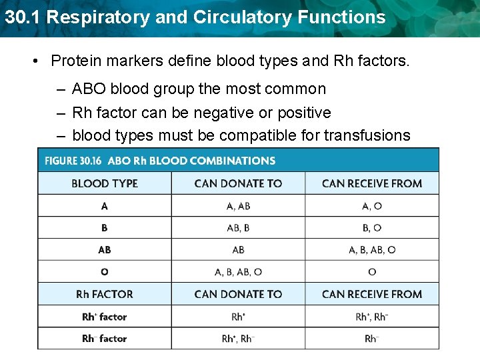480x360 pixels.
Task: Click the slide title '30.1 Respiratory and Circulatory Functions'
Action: [195, 17]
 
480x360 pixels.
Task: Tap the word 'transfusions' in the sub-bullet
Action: [367, 135]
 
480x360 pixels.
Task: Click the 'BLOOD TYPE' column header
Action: [105, 183]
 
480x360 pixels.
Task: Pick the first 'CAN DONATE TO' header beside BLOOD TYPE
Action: [238, 183]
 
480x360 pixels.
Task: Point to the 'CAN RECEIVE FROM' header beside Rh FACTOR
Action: [372, 294]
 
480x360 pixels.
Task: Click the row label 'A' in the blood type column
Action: [105, 206]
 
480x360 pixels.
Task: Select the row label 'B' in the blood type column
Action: [105, 228]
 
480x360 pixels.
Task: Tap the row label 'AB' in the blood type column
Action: [105, 250]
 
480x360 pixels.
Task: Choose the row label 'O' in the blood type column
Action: [105, 272]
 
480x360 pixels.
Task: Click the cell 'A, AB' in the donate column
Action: [238, 206]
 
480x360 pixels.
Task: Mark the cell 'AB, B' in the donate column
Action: [238, 228]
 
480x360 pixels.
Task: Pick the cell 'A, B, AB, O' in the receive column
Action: [372, 250]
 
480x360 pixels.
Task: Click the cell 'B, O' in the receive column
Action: [372, 228]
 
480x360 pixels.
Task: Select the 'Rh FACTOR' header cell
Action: [105, 294]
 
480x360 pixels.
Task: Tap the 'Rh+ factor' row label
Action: [105, 317]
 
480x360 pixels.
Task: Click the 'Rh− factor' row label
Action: [105, 339]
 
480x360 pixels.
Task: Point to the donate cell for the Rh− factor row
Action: [238, 339]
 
